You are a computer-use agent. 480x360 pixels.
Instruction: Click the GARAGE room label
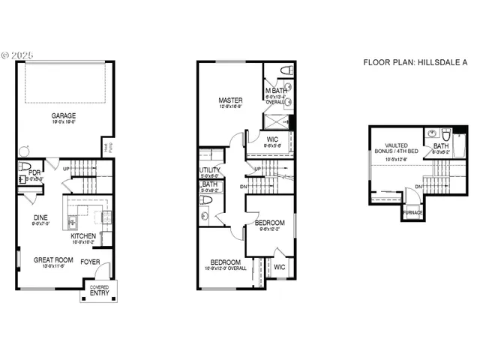64,115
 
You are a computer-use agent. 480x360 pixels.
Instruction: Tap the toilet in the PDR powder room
24,167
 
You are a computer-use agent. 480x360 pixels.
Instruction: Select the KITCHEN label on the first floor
83,235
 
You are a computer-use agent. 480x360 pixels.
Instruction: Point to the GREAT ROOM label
52,259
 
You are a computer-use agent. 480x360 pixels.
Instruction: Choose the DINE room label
40,217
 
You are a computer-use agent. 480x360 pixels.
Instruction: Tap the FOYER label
91,262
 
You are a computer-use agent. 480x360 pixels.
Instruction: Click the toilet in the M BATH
285,70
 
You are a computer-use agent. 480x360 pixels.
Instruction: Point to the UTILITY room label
208,170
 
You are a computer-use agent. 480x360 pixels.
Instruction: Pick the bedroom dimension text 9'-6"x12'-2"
269,229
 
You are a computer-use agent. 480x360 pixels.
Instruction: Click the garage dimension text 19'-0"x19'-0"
64,122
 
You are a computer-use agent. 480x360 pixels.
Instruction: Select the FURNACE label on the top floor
412,213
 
